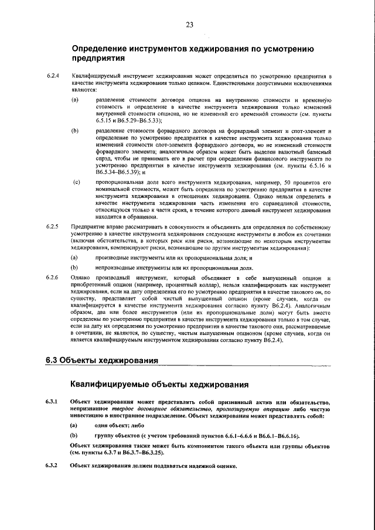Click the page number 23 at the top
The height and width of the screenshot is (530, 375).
[x=189, y=24]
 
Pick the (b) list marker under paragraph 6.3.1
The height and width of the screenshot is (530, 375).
[x=74, y=436]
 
